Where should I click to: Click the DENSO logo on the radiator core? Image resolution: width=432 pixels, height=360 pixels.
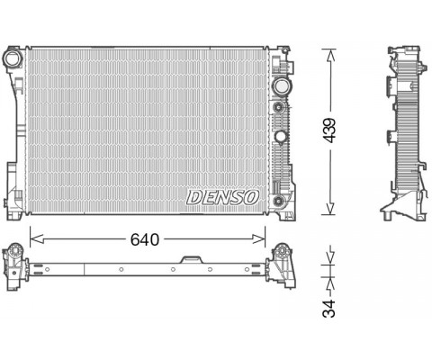pyautogui.click(x=222, y=197)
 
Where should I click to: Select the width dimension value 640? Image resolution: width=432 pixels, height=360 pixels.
pyautogui.click(x=145, y=239)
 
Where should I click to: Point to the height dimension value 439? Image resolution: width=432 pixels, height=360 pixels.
pyautogui.click(x=329, y=130)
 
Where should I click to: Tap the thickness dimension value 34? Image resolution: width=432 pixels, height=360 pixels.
pyautogui.click(x=328, y=308)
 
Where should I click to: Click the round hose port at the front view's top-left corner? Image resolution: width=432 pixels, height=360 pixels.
pyautogui.click(x=12, y=58)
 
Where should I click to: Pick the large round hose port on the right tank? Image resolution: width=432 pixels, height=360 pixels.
pyautogui.click(x=281, y=86)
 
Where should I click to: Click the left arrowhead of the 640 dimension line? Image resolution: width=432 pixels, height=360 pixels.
pyautogui.click(x=37, y=239)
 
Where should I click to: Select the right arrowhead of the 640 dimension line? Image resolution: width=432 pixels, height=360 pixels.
pyautogui.click(x=258, y=239)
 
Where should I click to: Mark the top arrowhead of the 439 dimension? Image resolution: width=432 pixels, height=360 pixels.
pyautogui.click(x=329, y=56)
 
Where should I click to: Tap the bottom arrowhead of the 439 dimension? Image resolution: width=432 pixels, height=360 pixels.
pyautogui.click(x=329, y=208)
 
